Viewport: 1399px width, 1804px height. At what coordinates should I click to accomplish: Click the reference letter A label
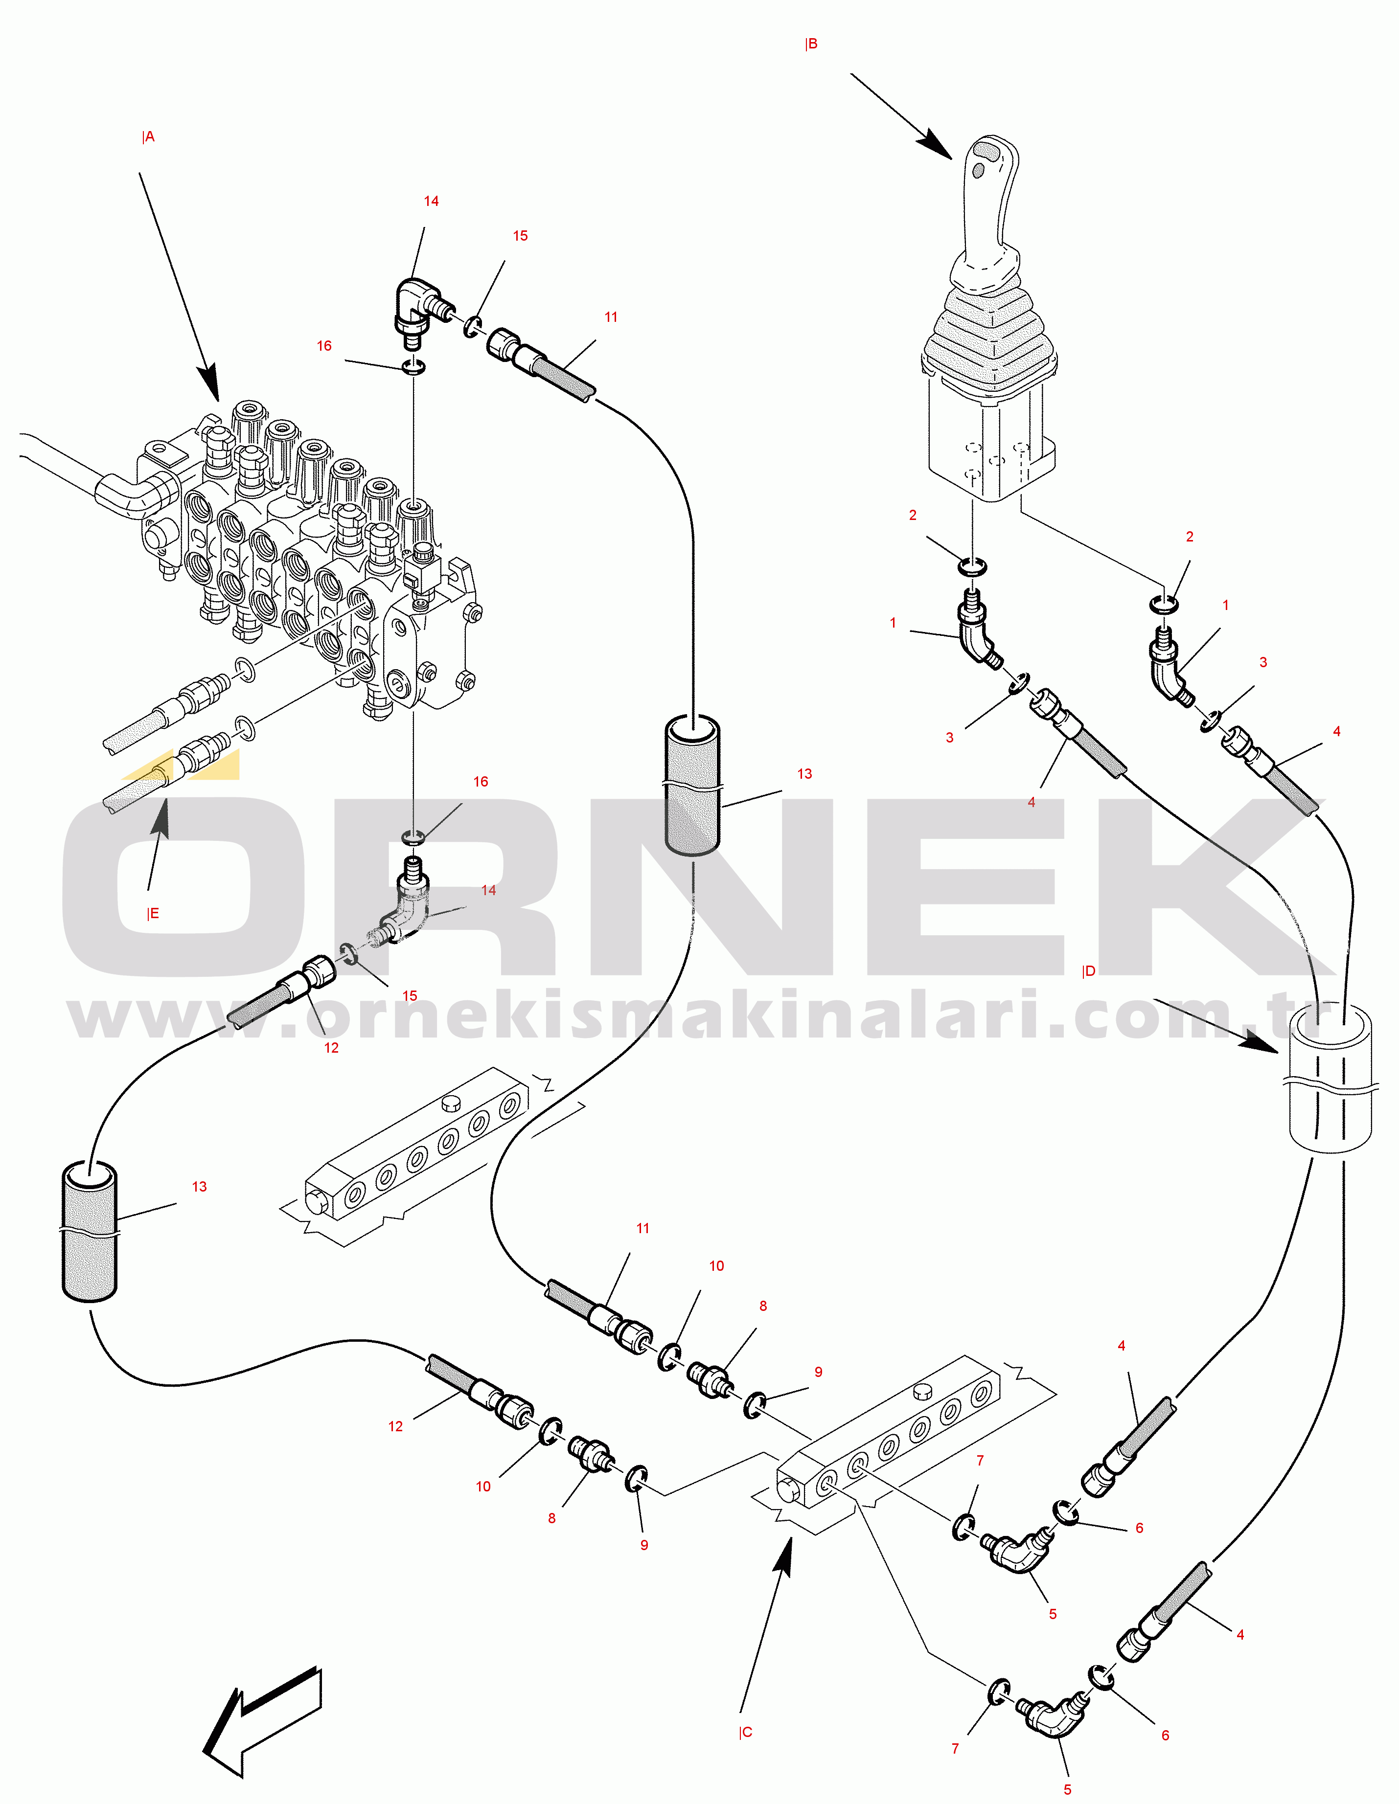coord(149,137)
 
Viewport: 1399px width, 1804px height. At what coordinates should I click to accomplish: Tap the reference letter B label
coord(811,44)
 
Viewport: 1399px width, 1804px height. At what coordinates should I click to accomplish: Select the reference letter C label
coord(745,1732)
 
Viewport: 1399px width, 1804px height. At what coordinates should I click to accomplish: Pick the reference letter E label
coord(153,914)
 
